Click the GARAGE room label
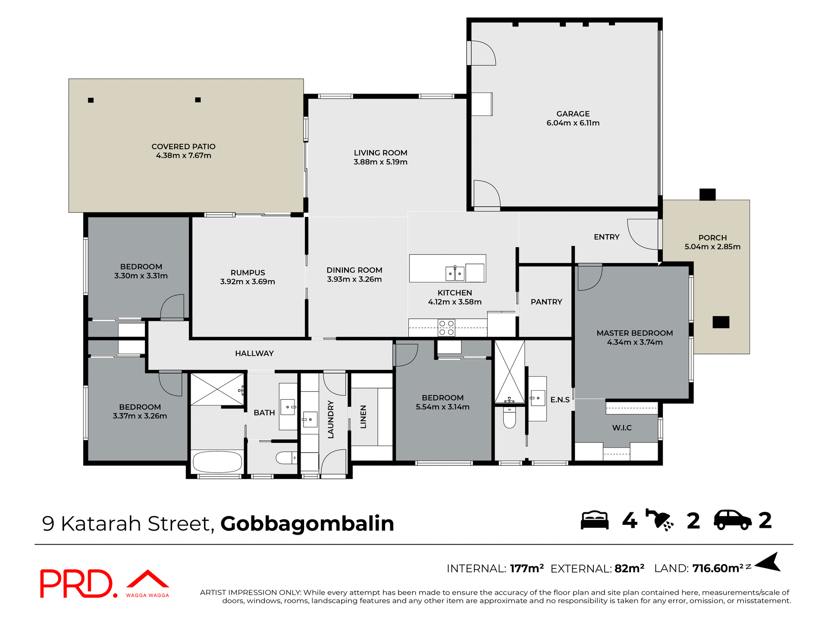click(573, 114)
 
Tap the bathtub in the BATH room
click(217, 462)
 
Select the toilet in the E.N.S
click(509, 418)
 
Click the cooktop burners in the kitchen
click(446, 328)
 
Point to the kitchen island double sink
click(455, 273)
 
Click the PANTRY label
click(546, 302)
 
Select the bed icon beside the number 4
click(595, 521)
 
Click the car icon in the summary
click(733, 520)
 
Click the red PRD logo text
click(77, 584)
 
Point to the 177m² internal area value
click(527, 568)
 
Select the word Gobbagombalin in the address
click(307, 524)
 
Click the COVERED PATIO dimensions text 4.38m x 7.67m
click(183, 156)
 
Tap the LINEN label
click(364, 417)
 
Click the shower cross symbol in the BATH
click(217, 389)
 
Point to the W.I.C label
click(622, 428)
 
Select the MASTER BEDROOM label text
click(634, 333)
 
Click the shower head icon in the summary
click(660, 520)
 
